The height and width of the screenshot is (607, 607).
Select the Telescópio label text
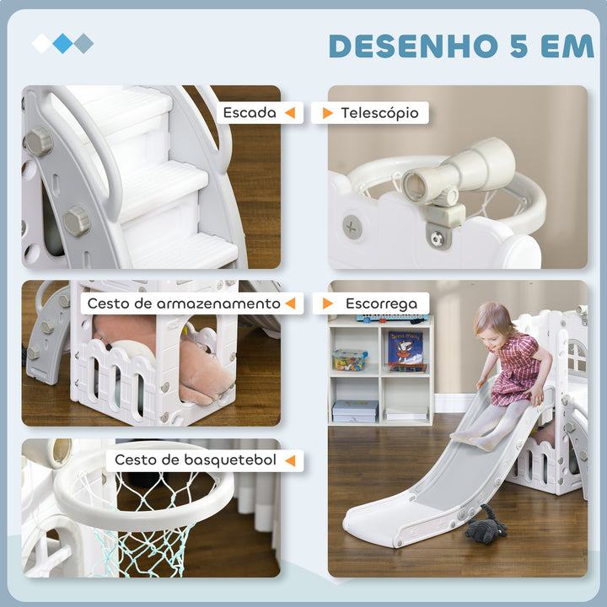point(379,113)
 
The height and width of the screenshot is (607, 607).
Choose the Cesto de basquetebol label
point(193,459)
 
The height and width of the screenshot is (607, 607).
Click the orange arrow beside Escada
point(289,112)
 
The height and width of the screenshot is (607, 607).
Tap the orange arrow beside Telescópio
point(327,113)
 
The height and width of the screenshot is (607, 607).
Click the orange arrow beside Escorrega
point(328,303)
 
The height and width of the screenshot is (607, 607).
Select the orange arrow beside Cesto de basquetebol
point(290,459)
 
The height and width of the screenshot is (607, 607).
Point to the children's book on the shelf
point(406,351)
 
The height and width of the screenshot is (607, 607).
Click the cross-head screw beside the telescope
point(352,225)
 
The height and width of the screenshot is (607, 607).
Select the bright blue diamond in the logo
point(62,43)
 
